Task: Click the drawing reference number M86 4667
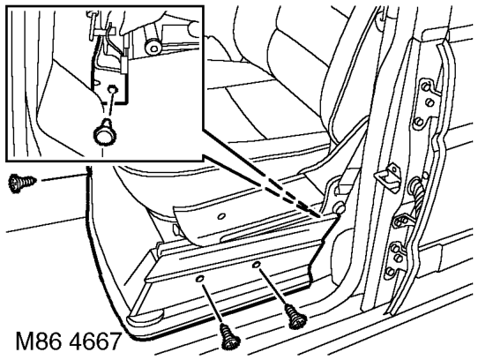69,341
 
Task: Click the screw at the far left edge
22,183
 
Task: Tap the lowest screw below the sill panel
230,337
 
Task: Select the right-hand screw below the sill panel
295,318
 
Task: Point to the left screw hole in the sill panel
199,279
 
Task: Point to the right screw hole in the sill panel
256,265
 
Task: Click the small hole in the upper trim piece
221,216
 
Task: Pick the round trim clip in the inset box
104,132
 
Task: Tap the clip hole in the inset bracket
113,89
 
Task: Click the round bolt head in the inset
153,48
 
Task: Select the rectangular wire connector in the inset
124,64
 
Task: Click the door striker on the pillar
387,177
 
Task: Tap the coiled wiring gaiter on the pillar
418,195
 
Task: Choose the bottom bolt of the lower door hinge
389,271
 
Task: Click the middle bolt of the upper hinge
429,102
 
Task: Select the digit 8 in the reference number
43,341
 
